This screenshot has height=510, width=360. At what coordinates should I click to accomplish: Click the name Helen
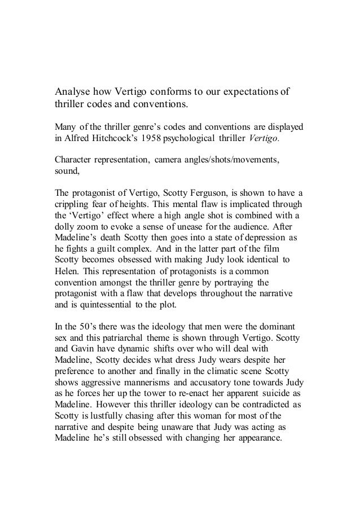tap(66, 288)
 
